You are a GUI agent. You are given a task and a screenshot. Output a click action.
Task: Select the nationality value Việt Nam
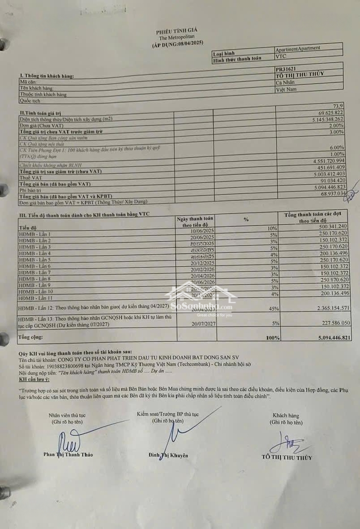(287, 90)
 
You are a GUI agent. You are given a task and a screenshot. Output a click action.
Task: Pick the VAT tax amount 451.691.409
(328, 167)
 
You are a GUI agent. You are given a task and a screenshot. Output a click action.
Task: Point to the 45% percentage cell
(273, 309)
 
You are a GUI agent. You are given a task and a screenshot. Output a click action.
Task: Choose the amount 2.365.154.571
(325, 308)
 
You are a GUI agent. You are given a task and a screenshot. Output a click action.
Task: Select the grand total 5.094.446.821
(325, 337)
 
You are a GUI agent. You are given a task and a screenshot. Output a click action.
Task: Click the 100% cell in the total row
(272, 338)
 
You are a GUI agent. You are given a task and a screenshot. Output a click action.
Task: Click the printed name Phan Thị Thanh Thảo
(68, 454)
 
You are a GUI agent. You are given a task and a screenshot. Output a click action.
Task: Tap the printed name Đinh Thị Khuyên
(168, 456)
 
